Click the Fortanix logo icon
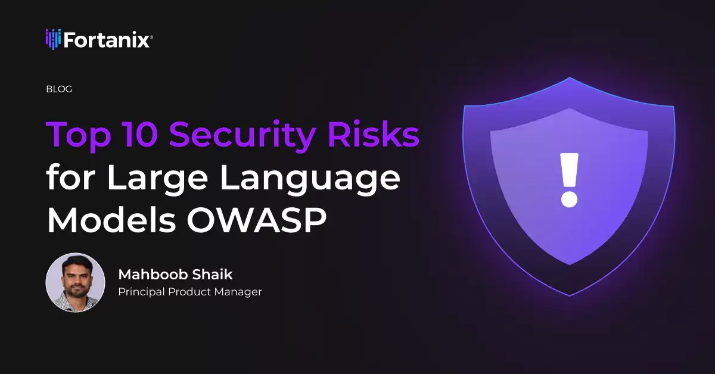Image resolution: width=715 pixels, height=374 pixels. tap(53, 39)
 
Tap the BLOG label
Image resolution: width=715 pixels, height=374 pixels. tap(59, 89)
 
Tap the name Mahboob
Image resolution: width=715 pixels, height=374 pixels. tap(152, 275)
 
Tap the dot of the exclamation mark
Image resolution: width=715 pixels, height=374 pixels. tap(569, 198)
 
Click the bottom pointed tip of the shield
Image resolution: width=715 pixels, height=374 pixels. tap(569, 295)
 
